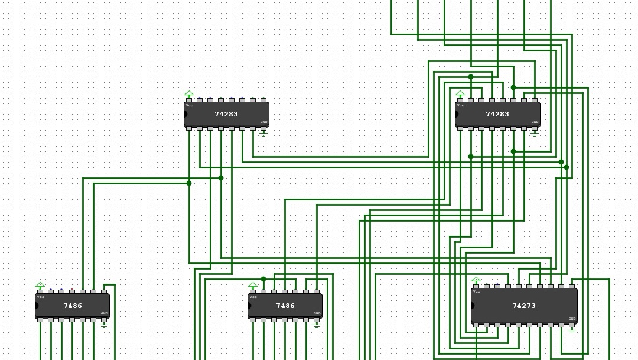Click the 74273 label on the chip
click(523, 306)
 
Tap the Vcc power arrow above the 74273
click(476, 280)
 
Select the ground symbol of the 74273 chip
click(571, 330)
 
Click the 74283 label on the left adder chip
click(226, 114)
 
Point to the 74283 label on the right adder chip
click(497, 114)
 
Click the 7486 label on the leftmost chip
click(73, 306)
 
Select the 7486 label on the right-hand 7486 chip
click(285, 306)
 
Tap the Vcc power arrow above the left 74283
click(189, 94)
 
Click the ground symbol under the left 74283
click(263, 134)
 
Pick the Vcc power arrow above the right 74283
click(460, 94)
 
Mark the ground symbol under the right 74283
click(535, 134)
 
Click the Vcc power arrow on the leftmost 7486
click(40, 286)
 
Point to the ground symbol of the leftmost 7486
click(104, 325)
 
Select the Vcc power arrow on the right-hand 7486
click(253, 286)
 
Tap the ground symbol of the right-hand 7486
click(317, 325)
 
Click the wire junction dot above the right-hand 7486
click(263, 279)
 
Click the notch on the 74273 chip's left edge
click(473, 306)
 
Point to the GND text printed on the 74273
click(571, 319)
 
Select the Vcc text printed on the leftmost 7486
click(41, 297)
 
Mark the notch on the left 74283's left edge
click(185, 114)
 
